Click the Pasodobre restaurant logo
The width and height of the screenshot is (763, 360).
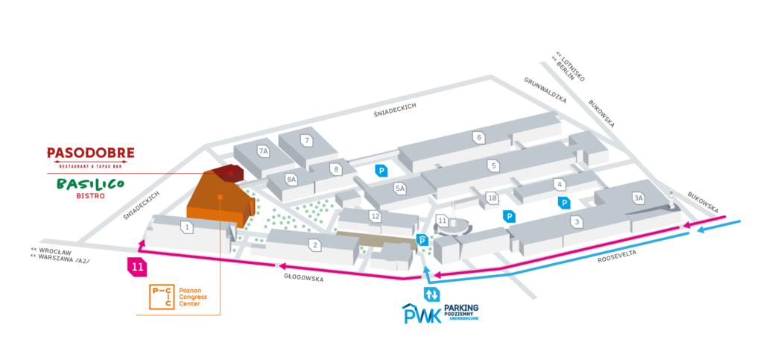90,155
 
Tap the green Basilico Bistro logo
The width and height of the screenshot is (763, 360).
89,186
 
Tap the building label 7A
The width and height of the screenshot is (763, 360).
262,151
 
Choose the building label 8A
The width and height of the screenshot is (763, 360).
292,179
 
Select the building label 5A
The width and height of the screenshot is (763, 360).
400,189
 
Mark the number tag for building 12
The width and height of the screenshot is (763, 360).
376,216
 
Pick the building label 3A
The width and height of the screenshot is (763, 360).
638,198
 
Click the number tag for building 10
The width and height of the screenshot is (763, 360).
492,198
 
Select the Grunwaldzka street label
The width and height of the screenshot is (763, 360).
545,89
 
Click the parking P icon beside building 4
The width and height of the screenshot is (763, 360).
564,202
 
